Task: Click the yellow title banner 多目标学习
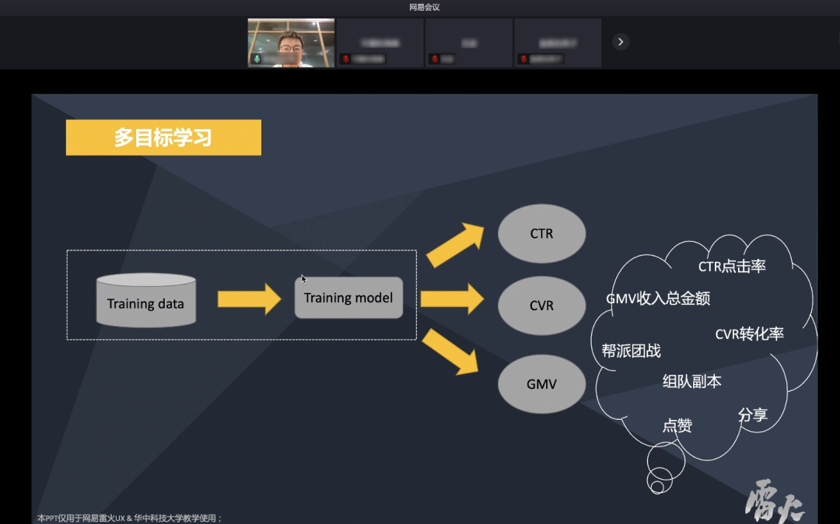pos(163,138)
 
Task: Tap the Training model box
pos(348,298)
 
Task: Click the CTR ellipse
pos(541,233)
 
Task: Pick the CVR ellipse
pos(541,306)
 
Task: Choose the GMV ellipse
pos(541,384)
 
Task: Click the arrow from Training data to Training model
pos(249,299)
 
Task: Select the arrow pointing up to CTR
pos(454,245)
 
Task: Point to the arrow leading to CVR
pos(452,299)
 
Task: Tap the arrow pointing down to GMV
pos(452,351)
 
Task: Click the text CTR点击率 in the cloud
pos(732,267)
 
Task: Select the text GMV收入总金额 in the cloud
pos(658,299)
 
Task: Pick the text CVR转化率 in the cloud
pos(749,334)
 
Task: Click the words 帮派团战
pos(631,351)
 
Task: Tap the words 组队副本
pos(691,382)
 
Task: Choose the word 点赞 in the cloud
pos(677,426)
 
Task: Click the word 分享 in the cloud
pos(752,415)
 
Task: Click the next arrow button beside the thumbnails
pos(620,42)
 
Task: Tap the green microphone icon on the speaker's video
pos(257,59)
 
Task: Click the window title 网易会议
pos(425,8)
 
